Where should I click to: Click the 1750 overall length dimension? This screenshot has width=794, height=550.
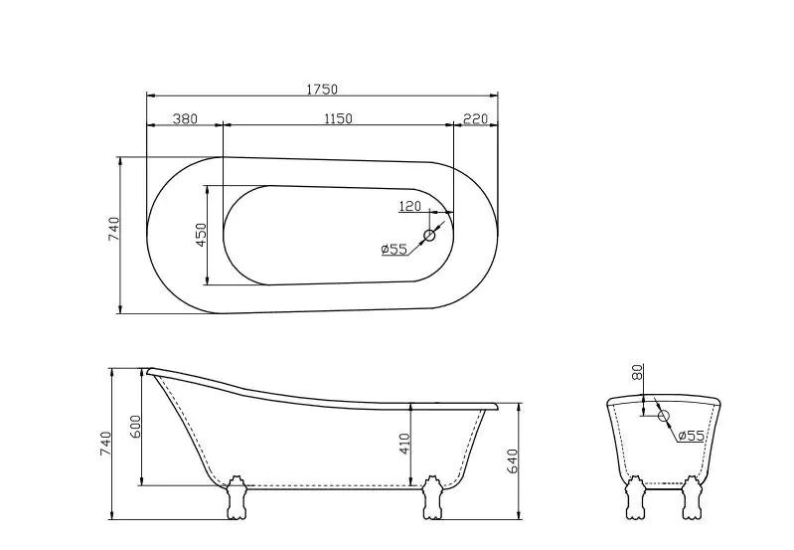322,90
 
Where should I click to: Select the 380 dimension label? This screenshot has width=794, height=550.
185,119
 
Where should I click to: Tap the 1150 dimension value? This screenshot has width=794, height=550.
338,119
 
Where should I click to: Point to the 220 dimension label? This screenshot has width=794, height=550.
475,119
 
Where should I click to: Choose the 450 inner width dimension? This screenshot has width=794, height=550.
201,235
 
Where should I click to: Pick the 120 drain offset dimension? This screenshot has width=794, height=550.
409,206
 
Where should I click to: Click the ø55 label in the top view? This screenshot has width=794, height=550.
395,250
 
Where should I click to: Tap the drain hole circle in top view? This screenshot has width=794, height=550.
430,236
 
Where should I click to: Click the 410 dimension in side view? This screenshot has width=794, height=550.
404,444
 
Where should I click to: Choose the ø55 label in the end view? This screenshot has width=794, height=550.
691,436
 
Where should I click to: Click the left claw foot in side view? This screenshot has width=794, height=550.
237,497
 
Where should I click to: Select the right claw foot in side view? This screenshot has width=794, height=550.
431,497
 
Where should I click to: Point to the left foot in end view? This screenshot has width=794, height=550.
633,498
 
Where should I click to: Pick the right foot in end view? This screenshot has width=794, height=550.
693,498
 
